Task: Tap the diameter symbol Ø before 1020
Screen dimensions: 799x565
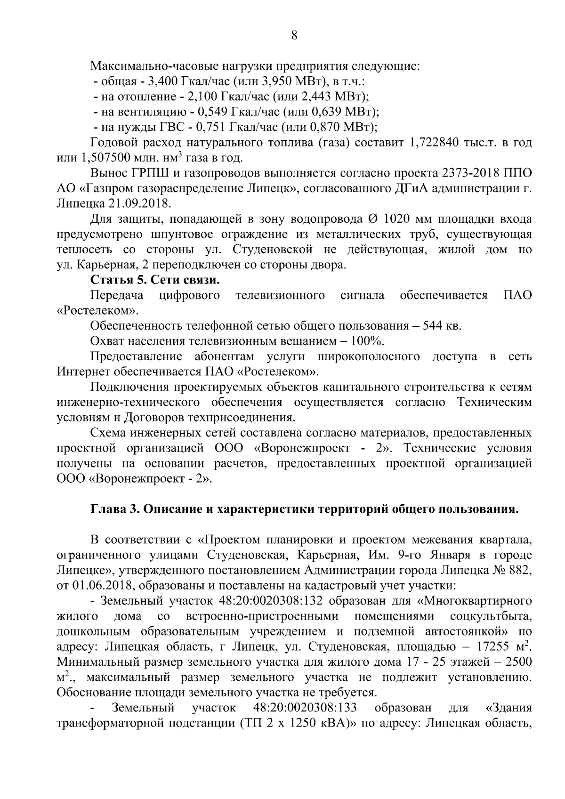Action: point(371,219)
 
